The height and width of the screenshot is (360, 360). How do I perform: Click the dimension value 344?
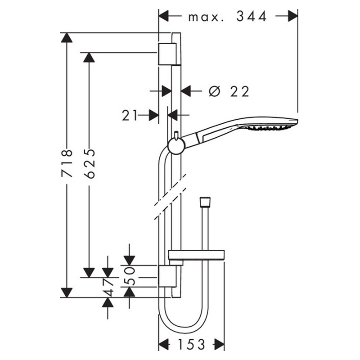[252, 17]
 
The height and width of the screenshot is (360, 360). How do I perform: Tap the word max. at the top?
[206, 18]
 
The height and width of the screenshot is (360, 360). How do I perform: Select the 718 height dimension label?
[67, 163]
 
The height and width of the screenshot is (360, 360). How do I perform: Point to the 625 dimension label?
[89, 164]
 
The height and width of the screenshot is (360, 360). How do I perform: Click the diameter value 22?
[240, 92]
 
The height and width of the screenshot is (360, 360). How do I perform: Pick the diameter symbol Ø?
[215, 91]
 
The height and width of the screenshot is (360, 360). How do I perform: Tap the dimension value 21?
[130, 115]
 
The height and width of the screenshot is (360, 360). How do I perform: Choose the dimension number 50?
[129, 276]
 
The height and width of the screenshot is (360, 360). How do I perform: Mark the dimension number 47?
[108, 287]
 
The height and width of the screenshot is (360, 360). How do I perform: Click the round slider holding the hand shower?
[176, 146]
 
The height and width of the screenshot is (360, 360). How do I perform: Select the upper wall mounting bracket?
[167, 54]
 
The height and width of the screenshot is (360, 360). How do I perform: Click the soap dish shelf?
[197, 255]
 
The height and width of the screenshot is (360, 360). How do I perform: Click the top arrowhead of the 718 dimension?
[67, 38]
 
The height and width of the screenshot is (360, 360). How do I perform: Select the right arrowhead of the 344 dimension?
[293, 16]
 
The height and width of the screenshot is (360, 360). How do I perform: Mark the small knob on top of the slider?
[176, 135]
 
